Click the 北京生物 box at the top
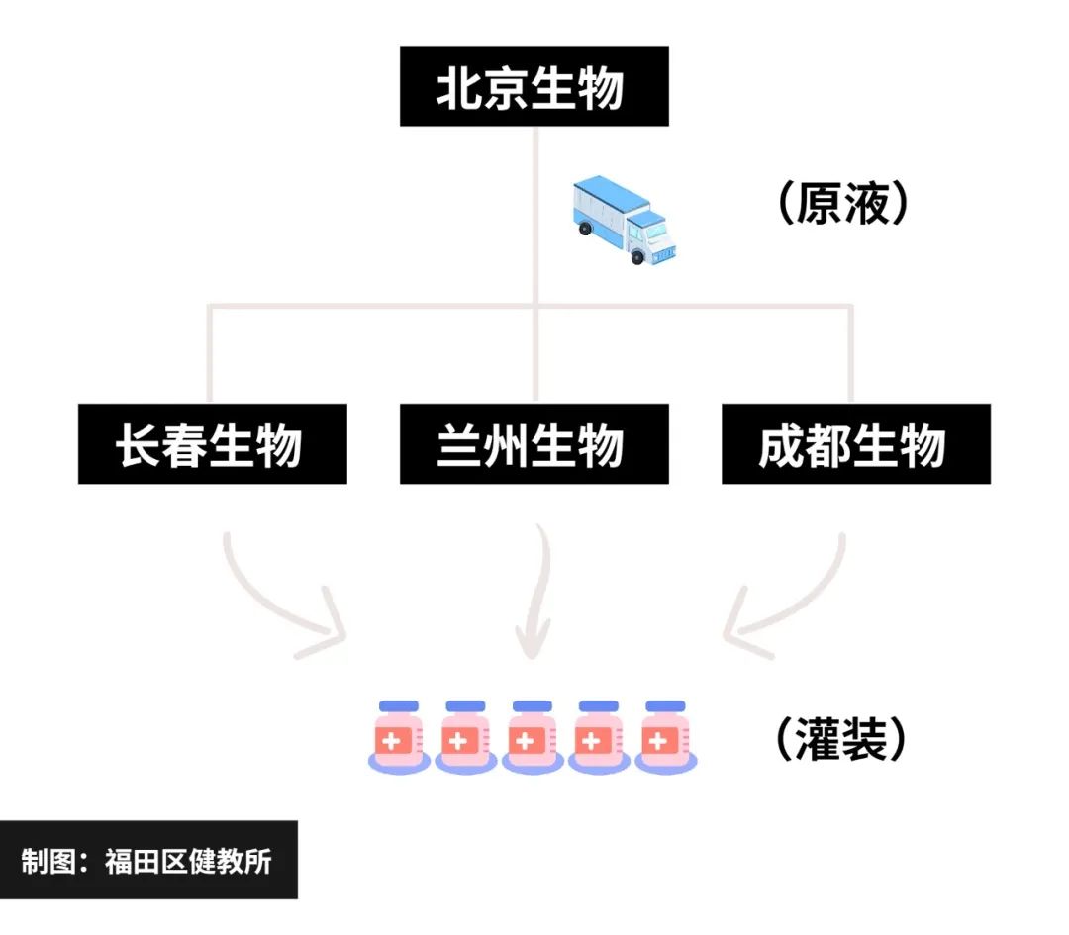point(534,87)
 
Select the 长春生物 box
point(212,444)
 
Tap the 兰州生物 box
point(534,444)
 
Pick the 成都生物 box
point(855,444)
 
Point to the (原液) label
point(840,204)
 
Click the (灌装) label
point(840,737)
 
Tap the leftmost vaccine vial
point(399,737)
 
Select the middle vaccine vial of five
point(533,737)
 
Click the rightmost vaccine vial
point(665,737)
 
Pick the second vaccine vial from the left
point(465,737)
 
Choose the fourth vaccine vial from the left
point(599,737)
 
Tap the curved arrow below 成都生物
point(787,599)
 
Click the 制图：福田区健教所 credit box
point(147,860)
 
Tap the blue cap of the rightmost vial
point(665,706)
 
